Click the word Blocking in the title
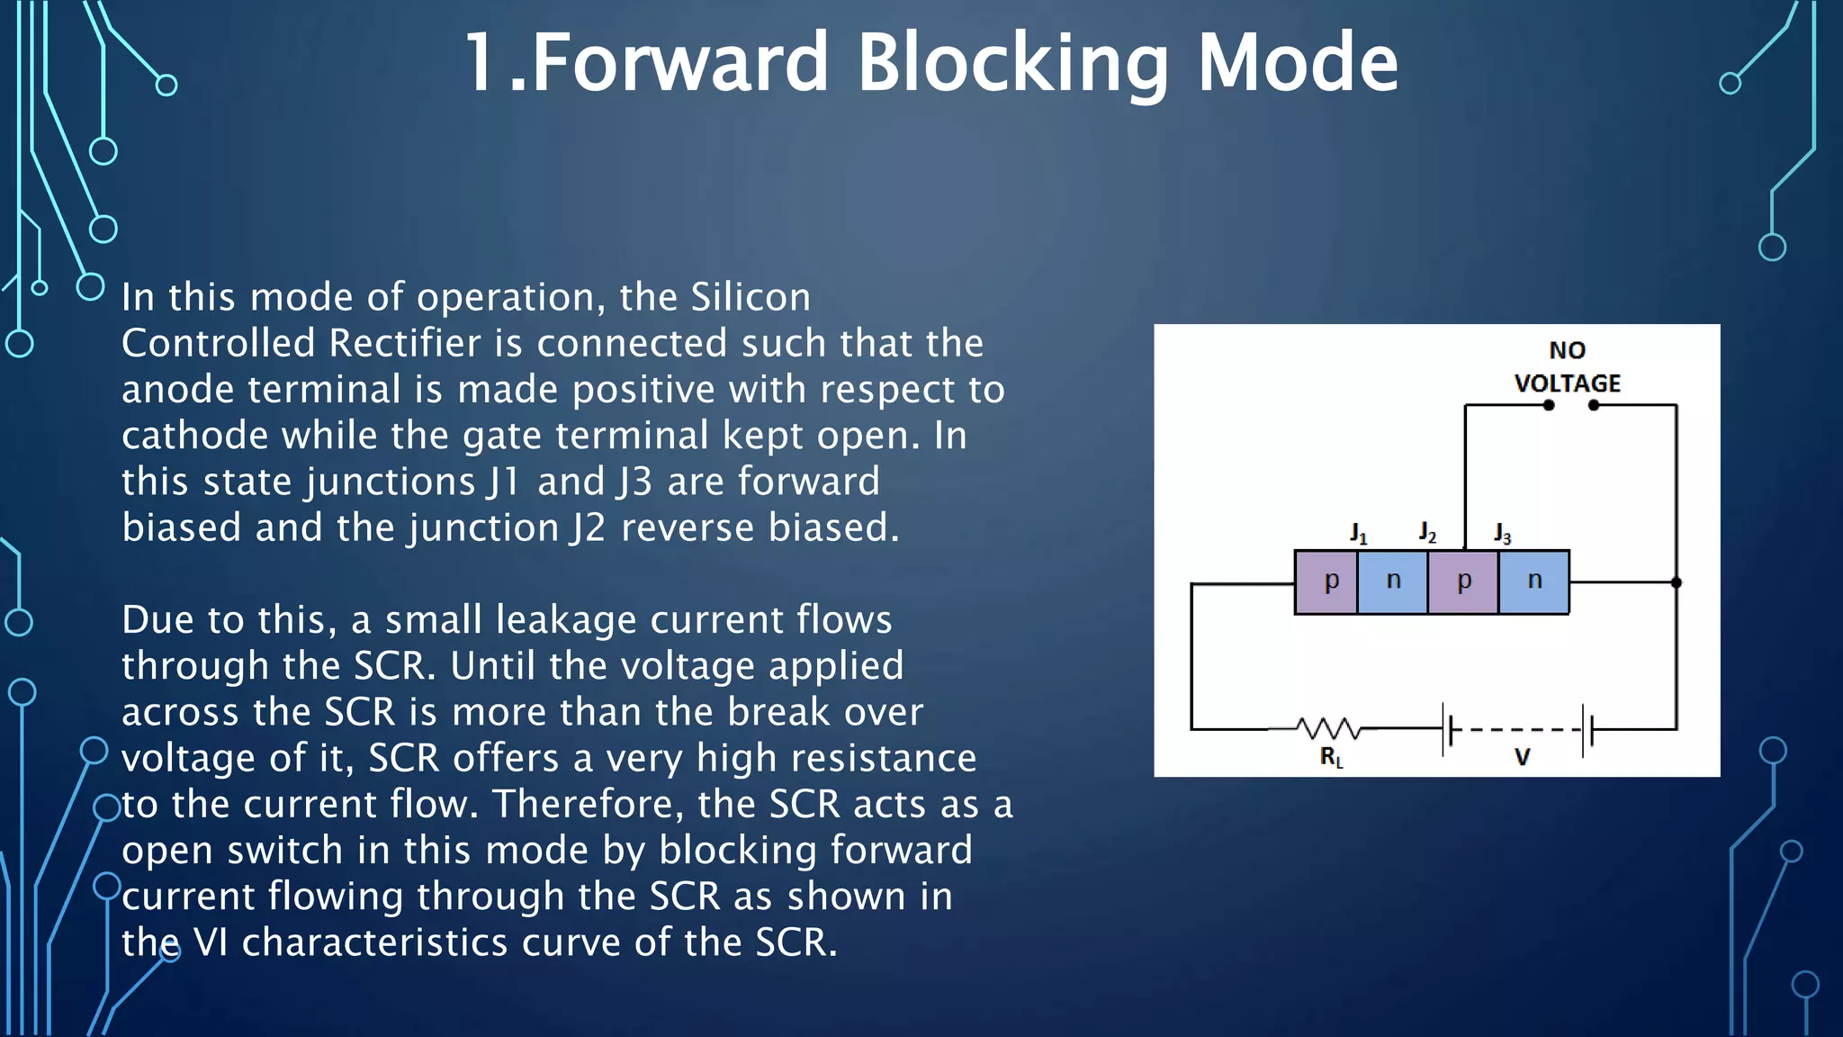1013,63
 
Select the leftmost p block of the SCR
1326,582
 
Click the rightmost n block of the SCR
1534,582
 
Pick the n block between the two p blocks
1393,582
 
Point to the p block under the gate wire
1463,582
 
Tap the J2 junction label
1427,532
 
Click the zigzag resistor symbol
1328,727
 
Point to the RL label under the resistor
1331,757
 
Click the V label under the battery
1522,757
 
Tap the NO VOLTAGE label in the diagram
1567,366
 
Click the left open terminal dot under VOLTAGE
1549,405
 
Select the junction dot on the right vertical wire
1677,582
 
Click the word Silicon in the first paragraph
751,297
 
